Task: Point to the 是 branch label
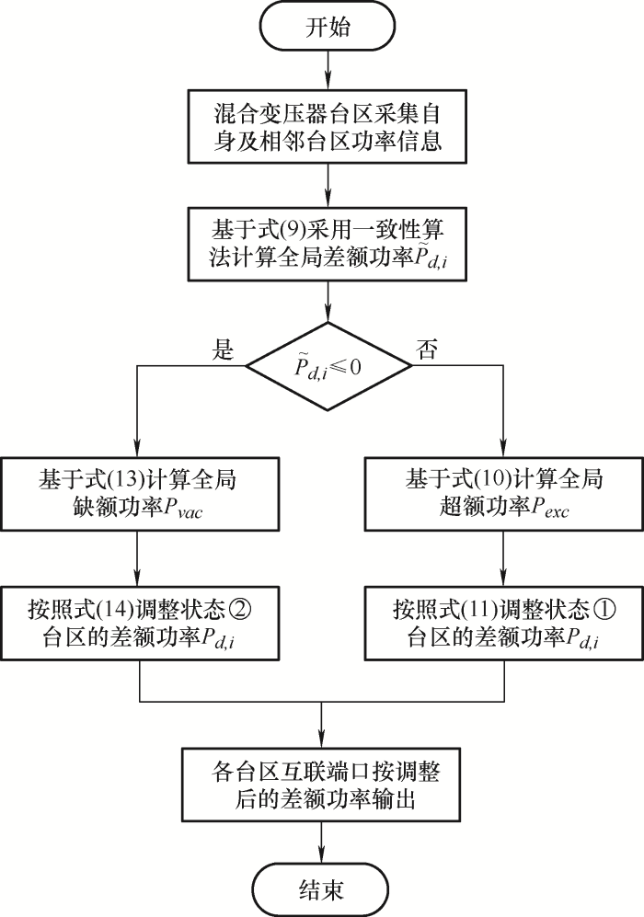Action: point(224,350)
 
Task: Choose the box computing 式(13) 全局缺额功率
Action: point(138,496)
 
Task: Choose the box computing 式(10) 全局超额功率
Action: point(504,496)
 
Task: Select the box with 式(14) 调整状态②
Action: point(138,624)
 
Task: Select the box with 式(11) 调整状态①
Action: point(504,624)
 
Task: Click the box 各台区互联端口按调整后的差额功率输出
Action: point(322,784)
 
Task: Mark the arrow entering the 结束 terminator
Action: point(323,841)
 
